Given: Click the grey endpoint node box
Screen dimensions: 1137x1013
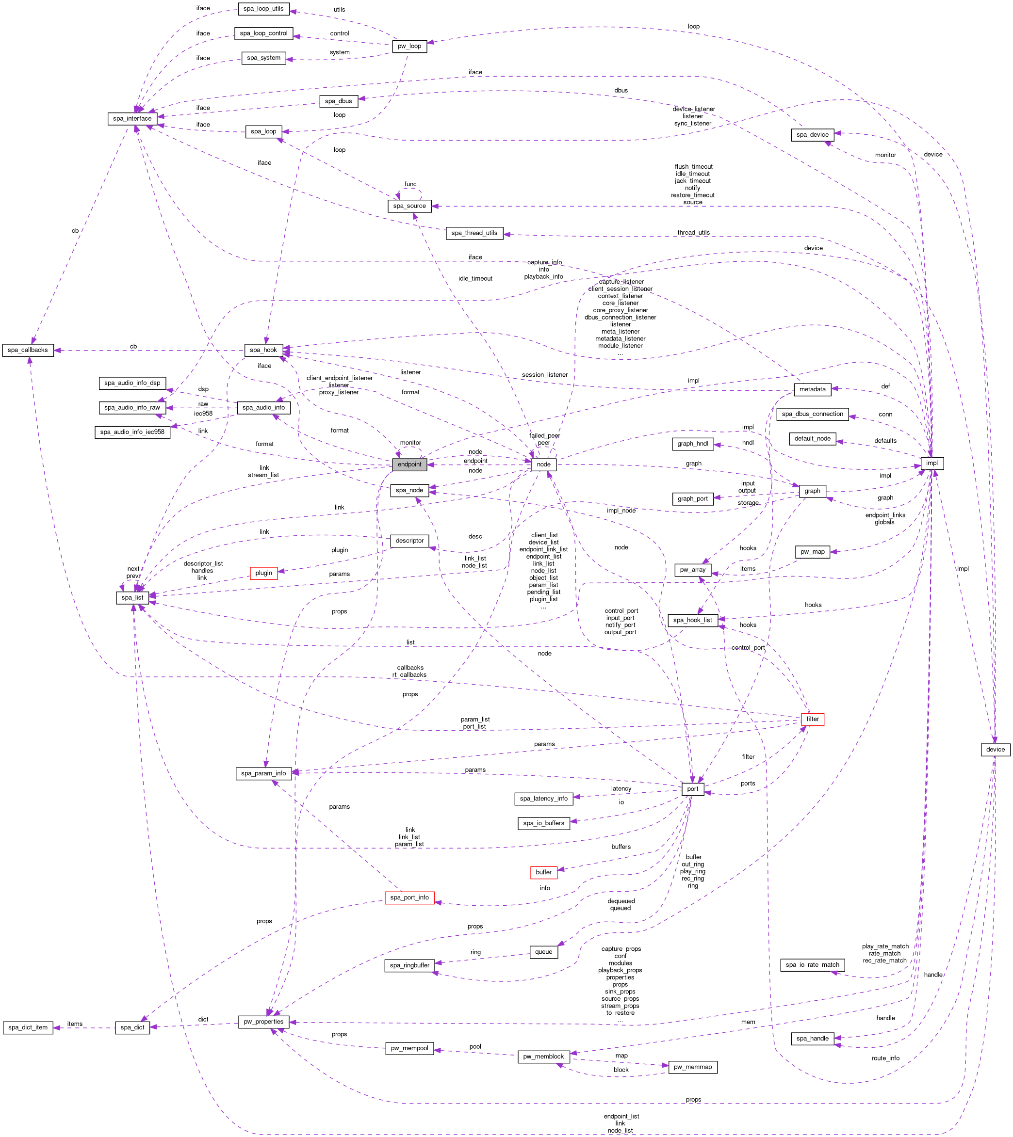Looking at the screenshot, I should click(409, 464).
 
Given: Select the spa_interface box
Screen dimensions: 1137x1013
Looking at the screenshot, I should click(132, 118).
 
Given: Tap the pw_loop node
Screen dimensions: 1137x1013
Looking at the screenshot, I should click(409, 46).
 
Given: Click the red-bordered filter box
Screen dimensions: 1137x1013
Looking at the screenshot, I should click(813, 719).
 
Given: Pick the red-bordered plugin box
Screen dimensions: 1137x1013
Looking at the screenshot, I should click(264, 573).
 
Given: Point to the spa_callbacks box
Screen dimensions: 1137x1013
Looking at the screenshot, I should click(28, 350).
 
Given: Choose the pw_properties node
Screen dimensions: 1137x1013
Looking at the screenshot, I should click(264, 1022).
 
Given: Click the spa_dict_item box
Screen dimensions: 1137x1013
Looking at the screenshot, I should click(28, 1027).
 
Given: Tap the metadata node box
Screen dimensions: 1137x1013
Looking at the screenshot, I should click(813, 389).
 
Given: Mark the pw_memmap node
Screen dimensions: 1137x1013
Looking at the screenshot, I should click(692, 1067).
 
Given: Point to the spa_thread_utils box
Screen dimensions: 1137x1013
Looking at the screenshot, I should click(474, 233).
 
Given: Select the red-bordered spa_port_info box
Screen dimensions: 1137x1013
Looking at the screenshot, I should click(409, 897).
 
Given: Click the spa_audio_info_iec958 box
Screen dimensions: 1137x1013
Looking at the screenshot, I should click(132, 432).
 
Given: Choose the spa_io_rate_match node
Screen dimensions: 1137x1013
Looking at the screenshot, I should click(813, 964).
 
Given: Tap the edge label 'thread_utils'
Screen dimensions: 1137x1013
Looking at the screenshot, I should click(693, 233).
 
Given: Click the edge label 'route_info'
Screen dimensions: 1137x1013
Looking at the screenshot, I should click(885, 1058).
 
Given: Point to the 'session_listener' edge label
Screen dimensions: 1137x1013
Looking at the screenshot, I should click(545, 375).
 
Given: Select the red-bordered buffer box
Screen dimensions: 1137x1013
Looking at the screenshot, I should click(544, 872).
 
